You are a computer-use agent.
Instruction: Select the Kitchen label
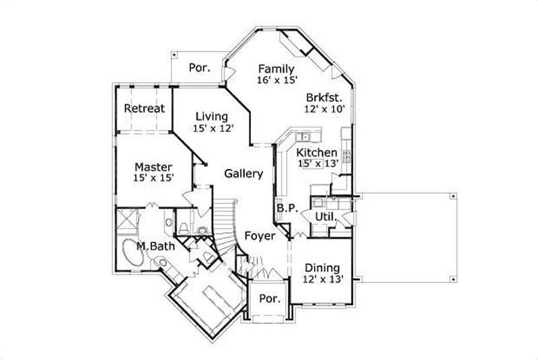[317, 153]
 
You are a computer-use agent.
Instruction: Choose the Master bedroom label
[153, 166]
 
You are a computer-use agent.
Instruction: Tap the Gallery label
[243, 174]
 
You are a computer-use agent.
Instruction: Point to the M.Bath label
[155, 246]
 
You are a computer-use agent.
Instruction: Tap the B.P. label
[286, 209]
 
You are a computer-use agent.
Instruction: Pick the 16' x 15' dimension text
[276, 80]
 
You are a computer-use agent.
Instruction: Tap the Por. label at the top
[198, 67]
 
